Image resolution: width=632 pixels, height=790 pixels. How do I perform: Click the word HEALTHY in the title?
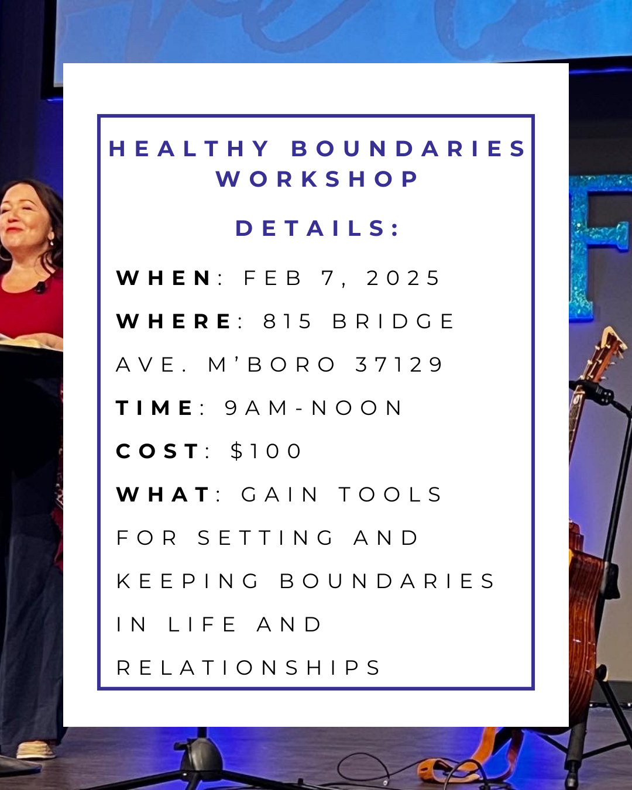pos(189,149)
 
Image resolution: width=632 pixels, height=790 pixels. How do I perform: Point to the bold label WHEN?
pos(164,278)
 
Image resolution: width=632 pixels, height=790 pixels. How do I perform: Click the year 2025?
pos(403,278)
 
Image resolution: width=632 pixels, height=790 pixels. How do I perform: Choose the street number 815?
pos(288,321)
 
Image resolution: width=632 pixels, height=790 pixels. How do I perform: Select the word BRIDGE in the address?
pos(393,321)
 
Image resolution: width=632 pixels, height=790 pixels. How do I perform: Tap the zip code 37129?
pos(400,365)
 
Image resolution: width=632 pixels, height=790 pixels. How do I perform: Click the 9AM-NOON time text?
pos(314,408)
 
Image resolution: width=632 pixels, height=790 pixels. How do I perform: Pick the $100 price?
pos(266,451)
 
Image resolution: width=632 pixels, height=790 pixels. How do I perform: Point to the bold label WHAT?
pos(163,494)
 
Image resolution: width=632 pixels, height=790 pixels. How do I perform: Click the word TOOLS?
pos(390,494)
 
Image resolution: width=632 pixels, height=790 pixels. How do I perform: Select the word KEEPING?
pos(188,581)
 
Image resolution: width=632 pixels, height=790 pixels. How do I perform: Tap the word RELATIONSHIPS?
pos(249,668)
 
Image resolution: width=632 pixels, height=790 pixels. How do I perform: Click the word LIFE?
pos(202,624)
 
